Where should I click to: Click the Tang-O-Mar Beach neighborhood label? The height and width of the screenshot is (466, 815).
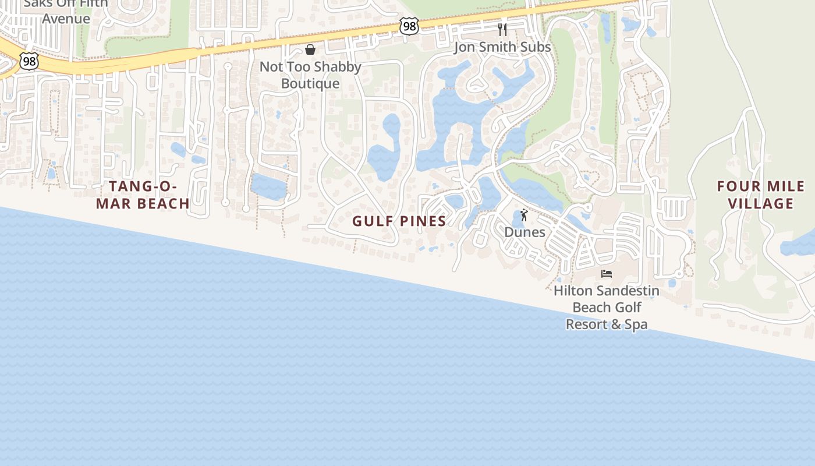pos(150,195)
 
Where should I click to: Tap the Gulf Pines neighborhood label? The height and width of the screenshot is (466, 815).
pos(399,221)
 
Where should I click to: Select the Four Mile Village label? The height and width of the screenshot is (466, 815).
pos(761,195)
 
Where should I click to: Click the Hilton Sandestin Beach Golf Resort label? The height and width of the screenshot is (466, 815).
pos(607,307)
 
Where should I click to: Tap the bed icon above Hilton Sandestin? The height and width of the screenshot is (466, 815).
pos(607,273)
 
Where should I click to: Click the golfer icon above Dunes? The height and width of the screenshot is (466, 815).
pos(524,215)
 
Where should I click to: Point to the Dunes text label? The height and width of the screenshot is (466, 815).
pos(525,232)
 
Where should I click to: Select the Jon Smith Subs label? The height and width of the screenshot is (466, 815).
pos(502,47)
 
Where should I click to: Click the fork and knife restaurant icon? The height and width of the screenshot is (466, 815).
pos(502,30)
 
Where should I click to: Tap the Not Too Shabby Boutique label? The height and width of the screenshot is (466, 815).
pos(310,75)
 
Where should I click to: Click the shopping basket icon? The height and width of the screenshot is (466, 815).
pos(310,50)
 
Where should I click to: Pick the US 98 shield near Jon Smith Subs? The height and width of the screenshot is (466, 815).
pos(409,26)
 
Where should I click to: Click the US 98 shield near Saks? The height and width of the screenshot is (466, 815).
pos(28,61)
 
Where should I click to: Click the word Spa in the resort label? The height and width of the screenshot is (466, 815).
pos(634,324)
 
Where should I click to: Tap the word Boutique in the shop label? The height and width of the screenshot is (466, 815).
pos(310,84)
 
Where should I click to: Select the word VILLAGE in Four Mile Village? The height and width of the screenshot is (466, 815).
pos(761,203)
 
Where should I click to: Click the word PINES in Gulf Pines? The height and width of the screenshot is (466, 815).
pos(423,221)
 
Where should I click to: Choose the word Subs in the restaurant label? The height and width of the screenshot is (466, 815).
pos(534,47)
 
